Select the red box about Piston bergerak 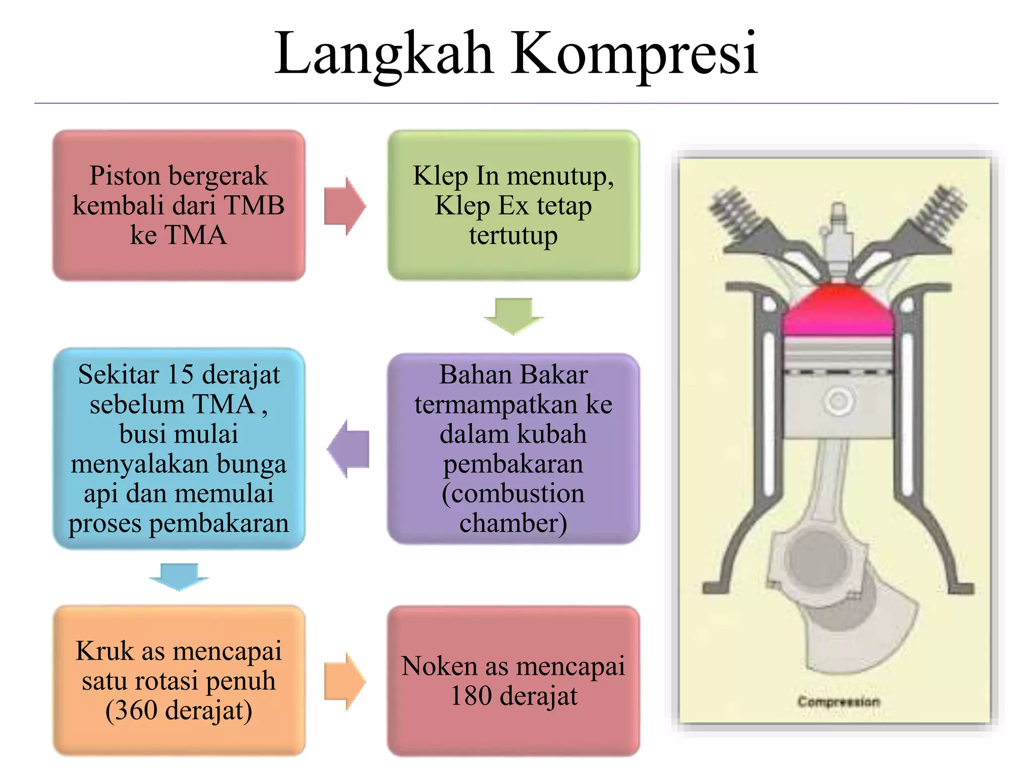pos(179,205)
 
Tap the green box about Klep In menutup pos(513,205)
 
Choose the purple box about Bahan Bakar pos(513,448)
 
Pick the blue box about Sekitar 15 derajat pos(179,448)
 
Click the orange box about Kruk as pos(179,680)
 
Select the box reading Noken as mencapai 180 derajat pos(513,680)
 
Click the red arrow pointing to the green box pos(345,206)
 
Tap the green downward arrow pos(513,315)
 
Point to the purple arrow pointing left pos(348,448)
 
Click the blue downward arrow pos(179,576)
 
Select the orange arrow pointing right pos(345,681)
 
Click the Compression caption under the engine pos(838,701)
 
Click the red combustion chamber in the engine pos(837,310)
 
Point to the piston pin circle pos(838,402)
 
